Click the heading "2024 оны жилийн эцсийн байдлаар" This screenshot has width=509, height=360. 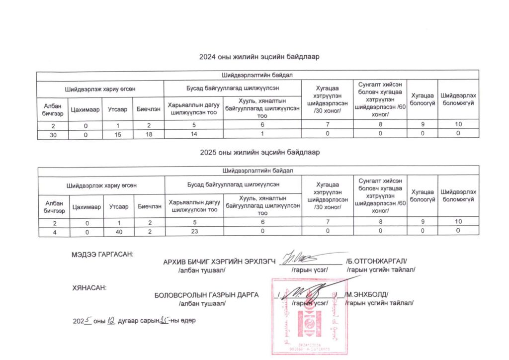coord(258,57)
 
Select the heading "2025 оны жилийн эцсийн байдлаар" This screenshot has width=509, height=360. coord(258,152)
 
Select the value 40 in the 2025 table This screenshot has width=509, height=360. coord(118,231)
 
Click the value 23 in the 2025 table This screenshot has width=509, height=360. coord(194,231)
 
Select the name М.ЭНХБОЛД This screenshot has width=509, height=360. coord(367,294)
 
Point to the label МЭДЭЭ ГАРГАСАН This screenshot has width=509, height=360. coord(103,255)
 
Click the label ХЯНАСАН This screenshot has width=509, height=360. coord(89,287)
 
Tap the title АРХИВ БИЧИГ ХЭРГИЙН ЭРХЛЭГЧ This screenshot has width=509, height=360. coord(219,262)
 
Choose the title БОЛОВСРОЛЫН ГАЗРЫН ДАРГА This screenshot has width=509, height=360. coord(207,294)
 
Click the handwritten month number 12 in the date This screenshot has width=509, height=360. coord(111,321)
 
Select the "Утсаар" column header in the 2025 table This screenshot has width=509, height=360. coord(118,206)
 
